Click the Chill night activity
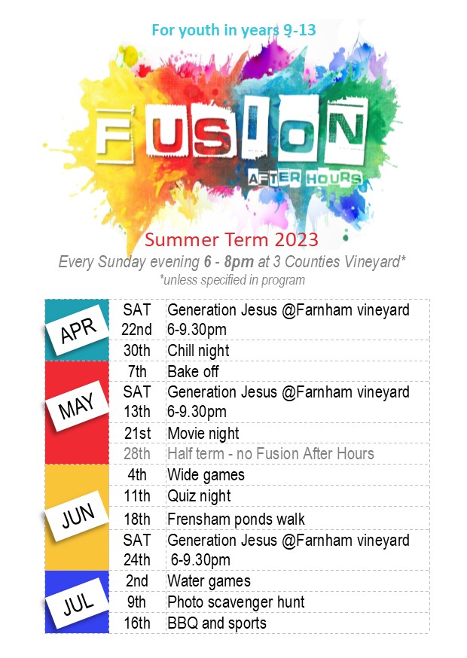coord(198,351)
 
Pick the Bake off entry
coord(193,371)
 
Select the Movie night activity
coord(203,434)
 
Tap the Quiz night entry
coord(199,496)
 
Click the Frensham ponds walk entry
coord(236,519)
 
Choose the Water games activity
coord(209,582)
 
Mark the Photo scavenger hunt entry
coord(236,602)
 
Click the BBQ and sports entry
coord(217,623)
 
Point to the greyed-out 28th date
coord(137,454)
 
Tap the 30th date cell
coord(137,350)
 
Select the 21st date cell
coord(137,433)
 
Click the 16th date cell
coord(137,623)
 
